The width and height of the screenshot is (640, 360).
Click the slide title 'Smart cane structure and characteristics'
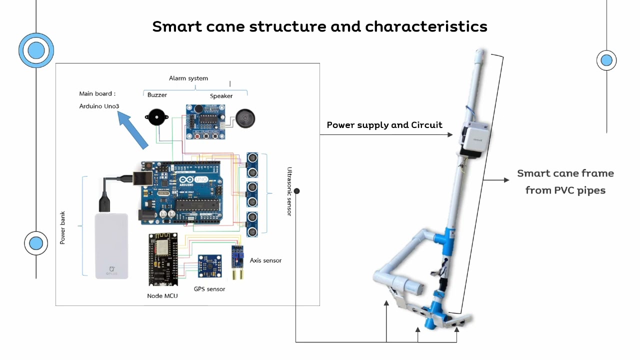click(x=319, y=26)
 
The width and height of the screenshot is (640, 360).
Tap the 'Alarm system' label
click(x=188, y=78)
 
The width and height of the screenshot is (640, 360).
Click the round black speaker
click(x=245, y=119)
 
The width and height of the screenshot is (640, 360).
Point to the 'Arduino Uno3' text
click(x=99, y=106)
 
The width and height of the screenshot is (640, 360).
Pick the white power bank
click(x=111, y=245)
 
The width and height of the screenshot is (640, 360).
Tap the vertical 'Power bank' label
click(x=63, y=227)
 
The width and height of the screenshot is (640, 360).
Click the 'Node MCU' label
click(x=162, y=296)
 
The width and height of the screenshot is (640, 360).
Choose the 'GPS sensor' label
click(x=209, y=289)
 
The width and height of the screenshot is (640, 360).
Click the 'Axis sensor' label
click(x=265, y=260)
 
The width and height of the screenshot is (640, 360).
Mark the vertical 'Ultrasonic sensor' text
click(x=289, y=191)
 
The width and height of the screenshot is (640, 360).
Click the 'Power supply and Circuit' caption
click(x=384, y=125)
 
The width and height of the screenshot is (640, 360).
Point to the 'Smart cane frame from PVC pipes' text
click(x=565, y=181)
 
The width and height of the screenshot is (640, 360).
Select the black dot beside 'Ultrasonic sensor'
click(x=297, y=191)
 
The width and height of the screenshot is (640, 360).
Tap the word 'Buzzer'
click(x=157, y=95)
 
